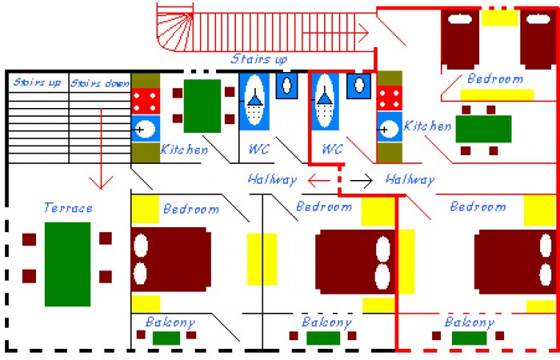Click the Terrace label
(x=68, y=208)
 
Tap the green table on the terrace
(x=67, y=264)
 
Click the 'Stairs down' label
(x=100, y=83)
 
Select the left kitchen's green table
(x=202, y=106)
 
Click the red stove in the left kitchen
(x=146, y=101)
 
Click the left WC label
(x=258, y=149)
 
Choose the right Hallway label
(x=410, y=180)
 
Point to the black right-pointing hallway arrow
(x=362, y=180)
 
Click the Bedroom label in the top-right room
(x=495, y=79)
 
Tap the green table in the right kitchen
(x=483, y=129)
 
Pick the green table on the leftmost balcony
(x=166, y=338)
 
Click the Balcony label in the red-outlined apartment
(x=469, y=322)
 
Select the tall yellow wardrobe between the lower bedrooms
(x=262, y=258)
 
